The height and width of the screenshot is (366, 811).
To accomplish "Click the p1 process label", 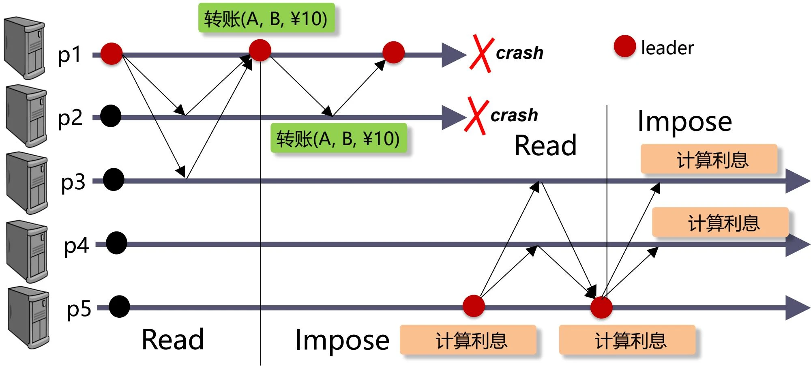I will pos(70,55).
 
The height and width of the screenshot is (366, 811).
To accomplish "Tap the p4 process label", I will pos(76,246).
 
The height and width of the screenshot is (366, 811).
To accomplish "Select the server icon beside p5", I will pos(28,317).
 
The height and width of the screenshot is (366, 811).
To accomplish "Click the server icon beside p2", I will pos(27,116).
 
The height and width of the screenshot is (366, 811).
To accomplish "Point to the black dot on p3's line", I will pos(114,180).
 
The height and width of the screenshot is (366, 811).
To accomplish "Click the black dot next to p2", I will pos(111,116).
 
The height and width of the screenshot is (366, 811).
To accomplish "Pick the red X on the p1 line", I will pos(481,54).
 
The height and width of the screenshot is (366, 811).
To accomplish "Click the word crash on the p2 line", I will pos(514,116).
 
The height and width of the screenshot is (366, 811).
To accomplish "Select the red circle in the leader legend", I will pos(624,46).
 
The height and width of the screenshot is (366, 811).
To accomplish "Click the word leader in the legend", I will pos(667,48).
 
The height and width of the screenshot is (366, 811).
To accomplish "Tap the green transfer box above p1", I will pos(266,18).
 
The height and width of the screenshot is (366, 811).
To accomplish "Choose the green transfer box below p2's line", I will pos(338,138).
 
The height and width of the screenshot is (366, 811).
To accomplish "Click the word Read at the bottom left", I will pos(173,339).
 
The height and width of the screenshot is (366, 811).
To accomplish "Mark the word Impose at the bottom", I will pos(342,340).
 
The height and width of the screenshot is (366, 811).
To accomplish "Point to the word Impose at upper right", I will pos(684,121).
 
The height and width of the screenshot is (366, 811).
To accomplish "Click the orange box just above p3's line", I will pos(709,159).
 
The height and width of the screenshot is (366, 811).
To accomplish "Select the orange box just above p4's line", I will pos(720,222).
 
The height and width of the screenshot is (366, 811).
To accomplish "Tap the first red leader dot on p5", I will pos(474,306).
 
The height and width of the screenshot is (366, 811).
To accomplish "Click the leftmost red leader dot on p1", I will pos(112,54).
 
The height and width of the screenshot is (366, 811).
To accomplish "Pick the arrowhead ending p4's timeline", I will pos(797,244).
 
